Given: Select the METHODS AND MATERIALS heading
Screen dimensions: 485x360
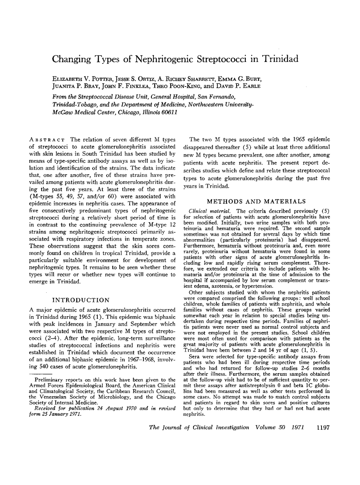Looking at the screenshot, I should pyautogui.click(x=257, y=201).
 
